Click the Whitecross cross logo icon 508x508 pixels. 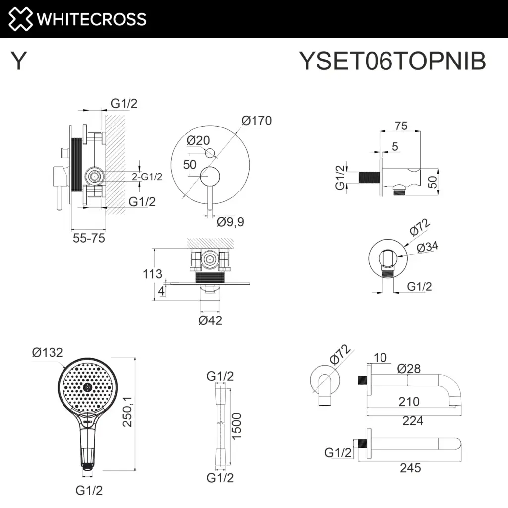[x=20, y=19]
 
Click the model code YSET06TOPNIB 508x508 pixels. [x=392, y=61]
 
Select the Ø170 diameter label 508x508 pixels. [x=256, y=121]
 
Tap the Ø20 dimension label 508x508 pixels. [x=198, y=140]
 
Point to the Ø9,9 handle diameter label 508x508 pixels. [x=230, y=222]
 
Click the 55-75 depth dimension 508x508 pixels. [x=89, y=238]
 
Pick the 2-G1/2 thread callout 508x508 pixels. [x=147, y=177]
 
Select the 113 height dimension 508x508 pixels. [x=153, y=274]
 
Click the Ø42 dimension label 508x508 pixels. [x=210, y=320]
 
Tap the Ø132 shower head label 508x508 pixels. [x=47, y=352]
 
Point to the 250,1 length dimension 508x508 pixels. [x=127, y=411]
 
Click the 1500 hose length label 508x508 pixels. [x=237, y=426]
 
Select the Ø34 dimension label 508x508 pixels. [x=427, y=247]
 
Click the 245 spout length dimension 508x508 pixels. [x=410, y=468]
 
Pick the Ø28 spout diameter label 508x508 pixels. [x=409, y=369]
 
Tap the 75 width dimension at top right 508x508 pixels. [x=401, y=126]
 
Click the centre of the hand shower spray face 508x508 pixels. [x=87, y=387]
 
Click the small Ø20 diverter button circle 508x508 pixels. [x=210, y=153]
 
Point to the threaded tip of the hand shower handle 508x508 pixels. [x=87, y=467]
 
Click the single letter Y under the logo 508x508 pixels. [x=18, y=61]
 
